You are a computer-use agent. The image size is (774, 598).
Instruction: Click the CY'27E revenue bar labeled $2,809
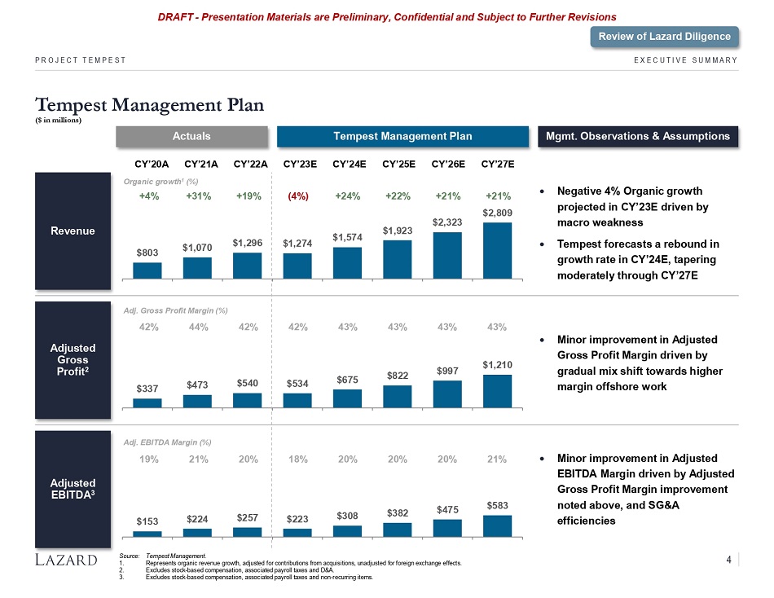pos(497,250)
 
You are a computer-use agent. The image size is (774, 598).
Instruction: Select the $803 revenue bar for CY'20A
pos(147,270)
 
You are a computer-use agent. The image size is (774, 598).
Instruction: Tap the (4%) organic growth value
pos(297,196)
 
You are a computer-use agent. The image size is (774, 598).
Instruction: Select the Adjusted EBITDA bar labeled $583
pos(497,525)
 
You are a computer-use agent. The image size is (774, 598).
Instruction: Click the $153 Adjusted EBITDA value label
pos(147,521)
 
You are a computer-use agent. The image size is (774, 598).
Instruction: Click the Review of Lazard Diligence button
pos(665,36)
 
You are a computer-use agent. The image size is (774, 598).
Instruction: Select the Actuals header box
pos(192,136)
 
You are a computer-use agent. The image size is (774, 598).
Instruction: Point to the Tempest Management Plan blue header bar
pos(404,136)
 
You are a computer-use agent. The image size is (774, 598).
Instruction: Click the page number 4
pos(728,559)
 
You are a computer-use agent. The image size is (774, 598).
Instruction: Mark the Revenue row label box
pos(73,231)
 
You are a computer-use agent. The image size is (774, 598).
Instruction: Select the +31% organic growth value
pos(198,196)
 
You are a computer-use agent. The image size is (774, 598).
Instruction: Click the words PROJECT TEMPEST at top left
pos(80,59)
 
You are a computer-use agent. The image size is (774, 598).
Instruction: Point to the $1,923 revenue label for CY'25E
pos(398,231)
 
